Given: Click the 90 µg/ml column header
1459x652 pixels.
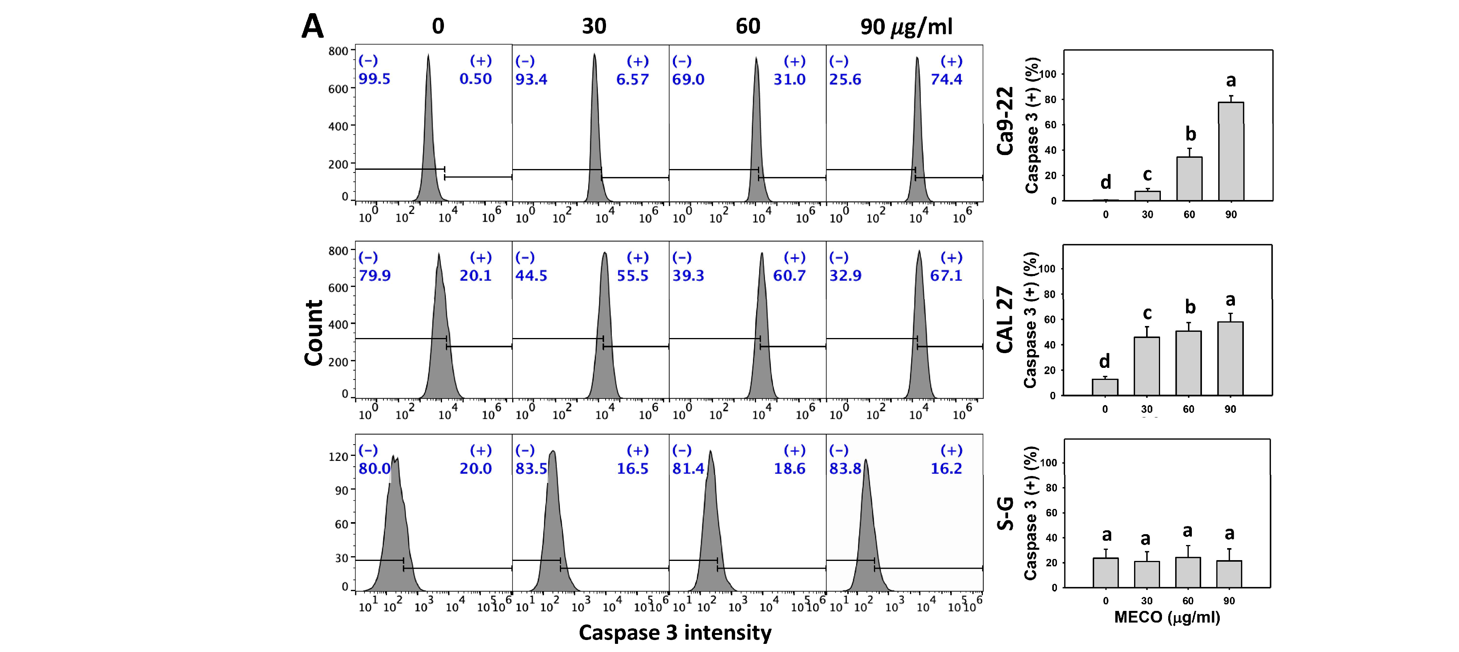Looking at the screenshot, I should [906, 27].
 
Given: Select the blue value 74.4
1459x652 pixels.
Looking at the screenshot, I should [946, 79].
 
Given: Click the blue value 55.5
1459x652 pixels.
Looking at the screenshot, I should [632, 276].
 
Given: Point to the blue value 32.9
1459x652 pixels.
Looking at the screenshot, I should [845, 276].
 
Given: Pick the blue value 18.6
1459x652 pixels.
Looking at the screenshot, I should [789, 469].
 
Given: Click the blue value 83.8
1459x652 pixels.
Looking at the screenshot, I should [845, 469].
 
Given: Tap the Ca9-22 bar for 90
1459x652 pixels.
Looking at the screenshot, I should [1231, 152].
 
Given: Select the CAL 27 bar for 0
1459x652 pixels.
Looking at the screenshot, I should [1105, 388].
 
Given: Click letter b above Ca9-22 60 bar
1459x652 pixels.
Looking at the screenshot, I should [1191, 134].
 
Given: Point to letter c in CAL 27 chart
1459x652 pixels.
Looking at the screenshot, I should [1147, 313].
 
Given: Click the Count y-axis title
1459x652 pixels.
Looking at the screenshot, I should [314, 333].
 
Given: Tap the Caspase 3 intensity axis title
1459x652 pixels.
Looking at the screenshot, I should [675, 633].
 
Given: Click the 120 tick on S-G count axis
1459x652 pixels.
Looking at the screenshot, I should [338, 457].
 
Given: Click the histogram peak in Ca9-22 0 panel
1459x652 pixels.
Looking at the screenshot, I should [428, 57].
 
